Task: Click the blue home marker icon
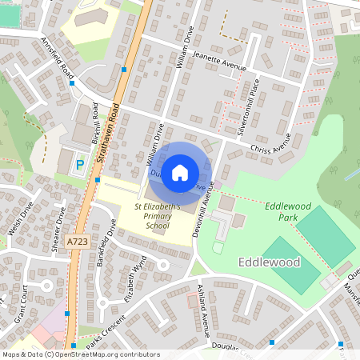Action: tap(180, 172)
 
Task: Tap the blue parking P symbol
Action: tap(79, 165)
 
